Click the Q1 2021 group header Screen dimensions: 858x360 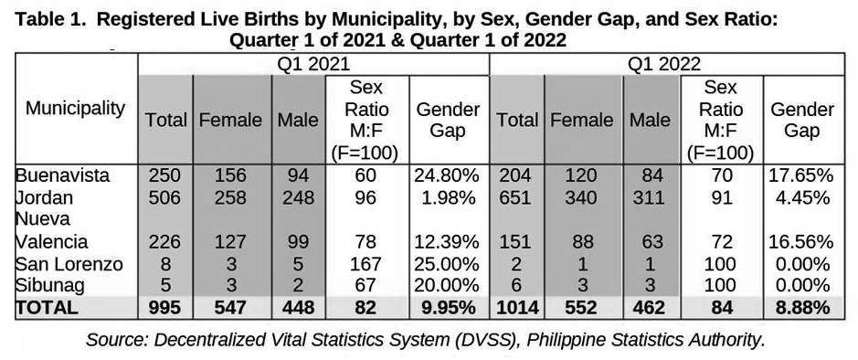tap(313, 65)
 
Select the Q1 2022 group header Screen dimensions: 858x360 tap(664, 65)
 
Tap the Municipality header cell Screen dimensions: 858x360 tap(76, 108)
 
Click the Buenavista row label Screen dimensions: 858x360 tap(62, 175)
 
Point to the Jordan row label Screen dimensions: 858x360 tap(44, 197)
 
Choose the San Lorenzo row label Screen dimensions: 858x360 tap(69, 264)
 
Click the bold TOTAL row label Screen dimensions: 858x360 tap(46, 308)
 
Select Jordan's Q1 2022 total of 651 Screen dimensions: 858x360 tap(516, 197)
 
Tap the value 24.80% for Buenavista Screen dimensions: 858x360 tap(447, 175)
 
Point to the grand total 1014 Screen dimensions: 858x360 tap(516, 308)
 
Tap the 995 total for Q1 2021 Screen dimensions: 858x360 tap(164, 308)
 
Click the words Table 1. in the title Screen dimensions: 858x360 tap(50, 21)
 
